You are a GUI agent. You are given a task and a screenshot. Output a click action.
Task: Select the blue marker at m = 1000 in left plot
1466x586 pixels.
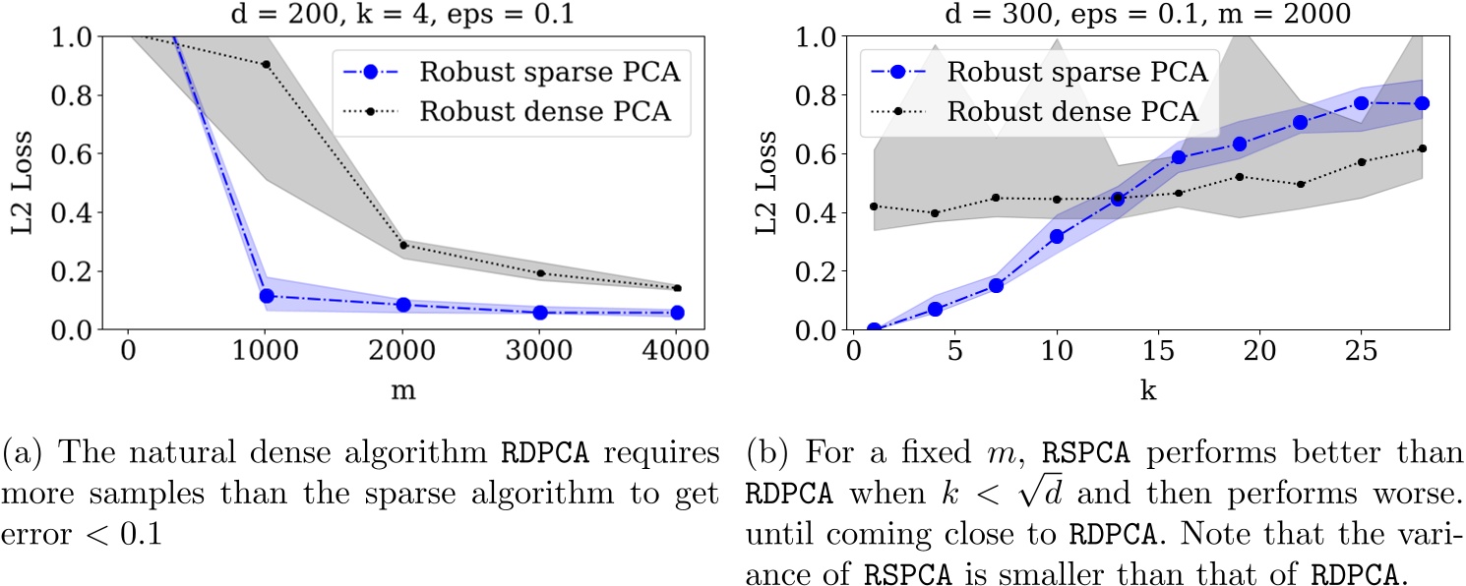pyautogui.click(x=265, y=296)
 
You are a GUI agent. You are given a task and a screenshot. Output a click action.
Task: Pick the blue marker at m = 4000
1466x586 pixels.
pyautogui.click(x=676, y=313)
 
